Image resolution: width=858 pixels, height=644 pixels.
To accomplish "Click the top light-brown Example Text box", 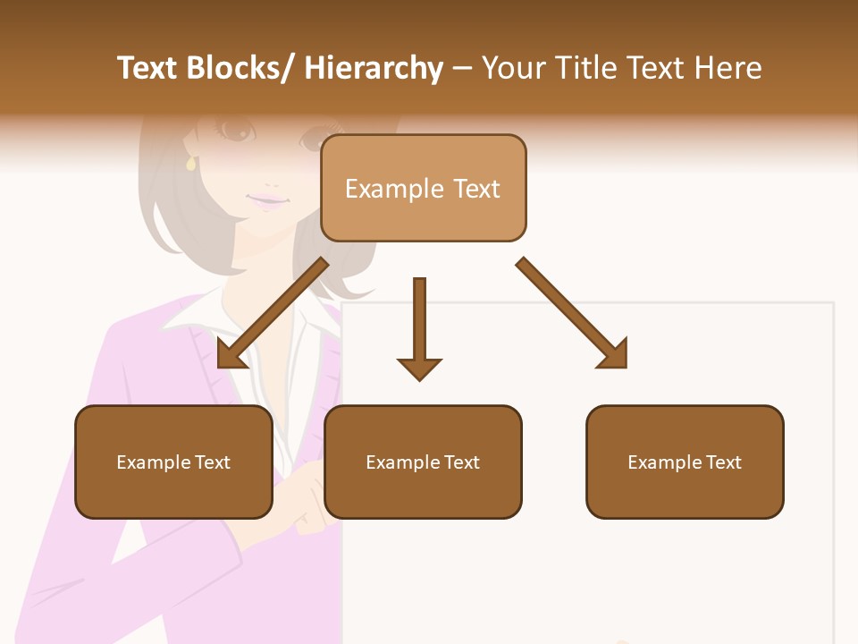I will (423, 188).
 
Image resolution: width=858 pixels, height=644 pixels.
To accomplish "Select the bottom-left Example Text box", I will (173, 462).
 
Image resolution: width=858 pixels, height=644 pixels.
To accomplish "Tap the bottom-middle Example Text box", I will (423, 462).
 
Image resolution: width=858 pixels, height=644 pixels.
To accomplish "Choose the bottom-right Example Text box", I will (685, 462).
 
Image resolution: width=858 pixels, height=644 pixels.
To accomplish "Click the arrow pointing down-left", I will (273, 313).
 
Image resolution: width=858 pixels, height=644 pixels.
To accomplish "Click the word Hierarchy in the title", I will (374, 69).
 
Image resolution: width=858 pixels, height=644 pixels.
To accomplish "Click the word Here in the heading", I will (729, 69).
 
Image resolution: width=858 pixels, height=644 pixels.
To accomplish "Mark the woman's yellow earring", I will (190, 164).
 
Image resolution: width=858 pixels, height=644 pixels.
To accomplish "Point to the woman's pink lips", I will (265, 200).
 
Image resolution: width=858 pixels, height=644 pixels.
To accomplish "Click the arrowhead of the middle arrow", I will (419, 368).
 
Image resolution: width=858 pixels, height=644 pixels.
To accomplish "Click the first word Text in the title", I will (149, 69).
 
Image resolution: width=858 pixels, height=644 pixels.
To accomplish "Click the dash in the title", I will (462, 69).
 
